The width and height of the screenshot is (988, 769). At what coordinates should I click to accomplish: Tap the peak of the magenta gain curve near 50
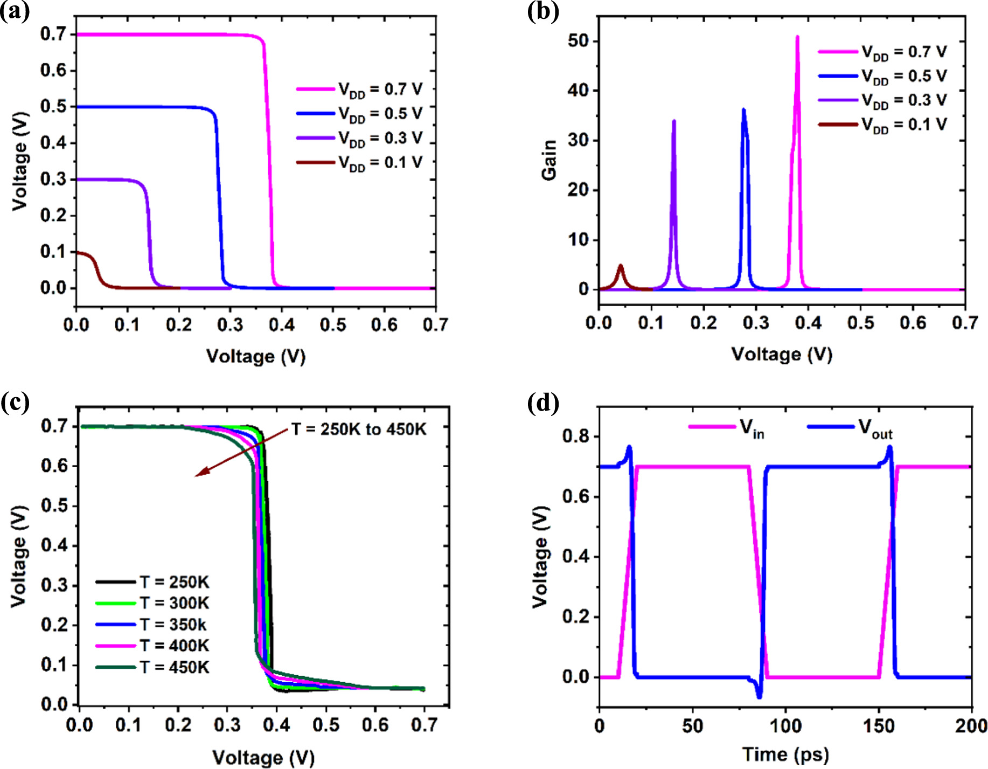point(797,37)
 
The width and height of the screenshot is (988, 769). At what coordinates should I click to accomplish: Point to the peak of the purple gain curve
point(674,121)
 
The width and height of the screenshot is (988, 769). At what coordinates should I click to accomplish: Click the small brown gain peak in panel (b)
point(621,266)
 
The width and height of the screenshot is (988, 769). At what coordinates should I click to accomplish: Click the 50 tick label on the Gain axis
point(578,41)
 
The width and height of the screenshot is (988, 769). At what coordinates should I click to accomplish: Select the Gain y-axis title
point(549,160)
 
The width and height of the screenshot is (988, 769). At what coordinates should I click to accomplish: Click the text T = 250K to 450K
point(359,429)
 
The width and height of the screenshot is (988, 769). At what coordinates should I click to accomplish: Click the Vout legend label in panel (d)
point(875,429)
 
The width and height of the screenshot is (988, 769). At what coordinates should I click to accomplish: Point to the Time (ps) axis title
point(785,754)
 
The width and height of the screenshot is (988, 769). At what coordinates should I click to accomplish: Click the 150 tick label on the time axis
point(878,726)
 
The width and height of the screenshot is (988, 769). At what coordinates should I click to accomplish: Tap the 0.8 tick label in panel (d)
point(575,436)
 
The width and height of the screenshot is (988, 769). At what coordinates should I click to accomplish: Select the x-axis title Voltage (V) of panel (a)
point(256,356)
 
